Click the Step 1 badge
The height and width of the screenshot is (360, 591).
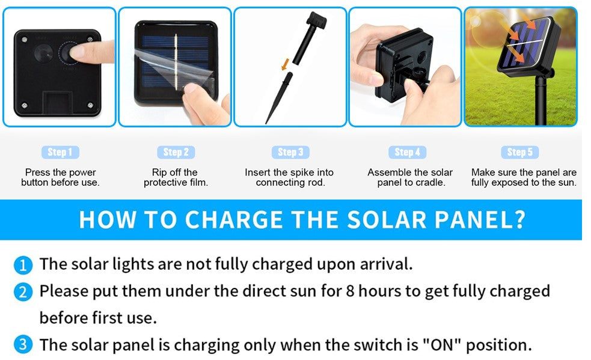[x=60, y=152]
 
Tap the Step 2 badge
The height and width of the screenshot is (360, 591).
[x=176, y=152]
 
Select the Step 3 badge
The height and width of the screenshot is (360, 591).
[x=290, y=152]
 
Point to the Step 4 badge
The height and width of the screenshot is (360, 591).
[x=408, y=152]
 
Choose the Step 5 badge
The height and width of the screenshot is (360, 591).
[x=520, y=152]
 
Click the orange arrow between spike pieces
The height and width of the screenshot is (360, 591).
[x=285, y=64]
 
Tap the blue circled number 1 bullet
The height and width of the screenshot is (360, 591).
[x=23, y=265]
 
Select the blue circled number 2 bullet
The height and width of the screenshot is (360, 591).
[x=23, y=292]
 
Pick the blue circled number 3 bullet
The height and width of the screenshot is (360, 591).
[x=23, y=344]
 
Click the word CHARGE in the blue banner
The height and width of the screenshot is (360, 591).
[x=234, y=219]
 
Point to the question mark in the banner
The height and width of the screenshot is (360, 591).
[x=520, y=219]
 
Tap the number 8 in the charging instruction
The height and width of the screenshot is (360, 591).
[x=350, y=291]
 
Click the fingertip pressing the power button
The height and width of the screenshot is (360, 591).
[x=75, y=52]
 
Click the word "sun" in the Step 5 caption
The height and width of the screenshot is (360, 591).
[x=568, y=183]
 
